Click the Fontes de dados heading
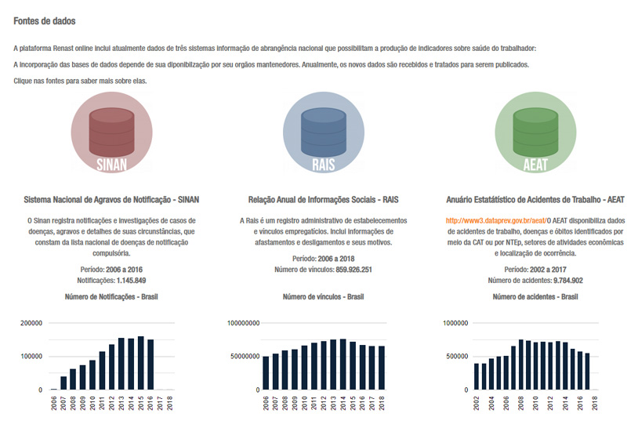tap(45, 21)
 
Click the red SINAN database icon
tap(111, 132)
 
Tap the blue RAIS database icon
tap(324, 132)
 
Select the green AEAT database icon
tap(535, 132)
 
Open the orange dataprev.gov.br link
tap(496, 220)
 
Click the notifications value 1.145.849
tap(131, 281)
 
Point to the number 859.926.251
tap(353, 270)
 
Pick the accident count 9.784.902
tap(568, 281)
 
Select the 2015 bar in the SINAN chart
tap(141, 363)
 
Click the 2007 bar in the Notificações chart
tap(63, 383)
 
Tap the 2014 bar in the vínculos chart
tap(343, 365)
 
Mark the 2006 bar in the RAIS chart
tap(266, 373)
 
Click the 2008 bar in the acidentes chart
tap(521, 365)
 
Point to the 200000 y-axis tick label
tap(31, 323)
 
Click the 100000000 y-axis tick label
tap(243, 323)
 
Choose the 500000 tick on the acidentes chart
tap(457, 357)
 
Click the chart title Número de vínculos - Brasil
tap(324, 297)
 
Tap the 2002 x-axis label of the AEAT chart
tap(477, 404)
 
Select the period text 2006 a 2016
tap(124, 270)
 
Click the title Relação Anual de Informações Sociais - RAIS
tap(324, 200)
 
